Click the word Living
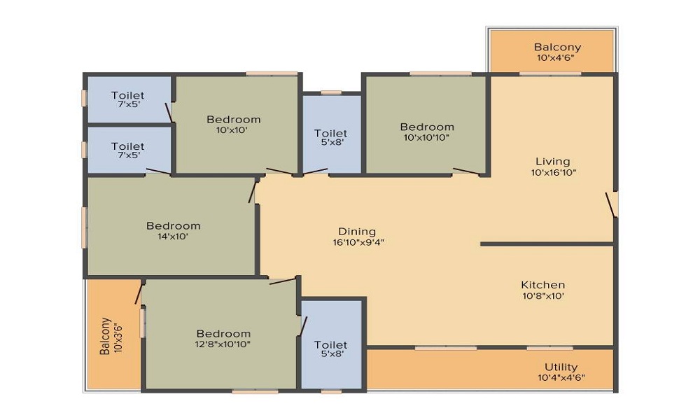[553, 162]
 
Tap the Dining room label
[357, 232]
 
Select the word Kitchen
[543, 285]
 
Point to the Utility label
[561, 367]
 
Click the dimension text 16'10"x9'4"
[358, 243]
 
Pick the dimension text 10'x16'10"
[554, 173]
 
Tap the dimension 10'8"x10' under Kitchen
[543, 296]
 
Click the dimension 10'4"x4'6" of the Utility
[561, 378]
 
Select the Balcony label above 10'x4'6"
[558, 47]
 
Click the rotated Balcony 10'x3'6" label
[111, 335]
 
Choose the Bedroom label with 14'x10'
[173, 226]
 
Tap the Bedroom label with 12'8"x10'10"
[223, 334]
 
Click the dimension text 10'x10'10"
[426, 138]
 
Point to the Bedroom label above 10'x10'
[234, 120]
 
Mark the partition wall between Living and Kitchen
[547, 244]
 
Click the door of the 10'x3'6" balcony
[139, 294]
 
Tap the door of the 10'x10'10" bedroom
[466, 171]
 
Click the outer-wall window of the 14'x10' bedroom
[84, 227]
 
